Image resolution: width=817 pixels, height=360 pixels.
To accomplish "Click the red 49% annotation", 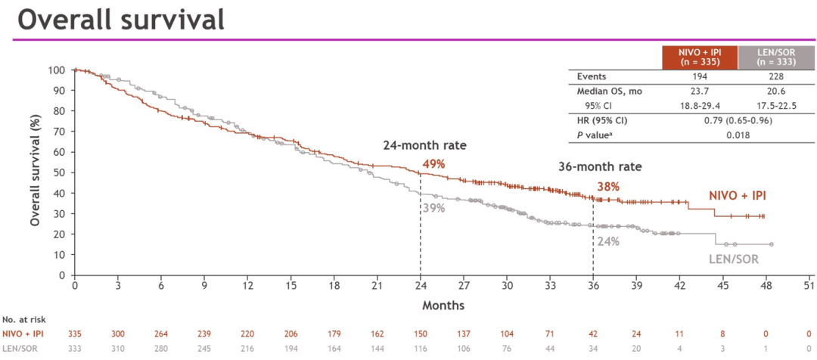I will (x=433, y=163).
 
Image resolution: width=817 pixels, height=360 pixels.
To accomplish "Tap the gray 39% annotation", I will (x=433, y=208).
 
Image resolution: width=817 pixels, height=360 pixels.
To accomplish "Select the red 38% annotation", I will (x=609, y=186).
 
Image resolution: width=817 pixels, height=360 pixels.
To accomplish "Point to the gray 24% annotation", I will (x=608, y=241).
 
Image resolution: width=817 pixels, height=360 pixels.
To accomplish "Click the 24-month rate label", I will (x=423, y=145).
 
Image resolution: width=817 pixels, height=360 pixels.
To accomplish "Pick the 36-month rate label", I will (x=598, y=167).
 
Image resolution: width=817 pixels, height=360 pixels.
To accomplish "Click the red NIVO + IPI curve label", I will (x=738, y=195).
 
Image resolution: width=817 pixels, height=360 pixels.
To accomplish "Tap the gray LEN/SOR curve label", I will (x=733, y=259).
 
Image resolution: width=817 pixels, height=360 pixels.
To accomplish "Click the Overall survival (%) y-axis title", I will (x=35, y=173).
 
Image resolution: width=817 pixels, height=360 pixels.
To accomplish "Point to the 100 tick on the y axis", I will (x=56, y=70).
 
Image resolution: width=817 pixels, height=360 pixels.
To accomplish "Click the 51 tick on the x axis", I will (x=809, y=285).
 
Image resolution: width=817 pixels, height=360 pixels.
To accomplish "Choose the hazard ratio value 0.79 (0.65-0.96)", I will (x=736, y=120).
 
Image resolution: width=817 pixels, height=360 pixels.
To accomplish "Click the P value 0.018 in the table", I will (x=736, y=135).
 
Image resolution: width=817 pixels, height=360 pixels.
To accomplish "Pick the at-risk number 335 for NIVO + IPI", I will (x=75, y=334).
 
